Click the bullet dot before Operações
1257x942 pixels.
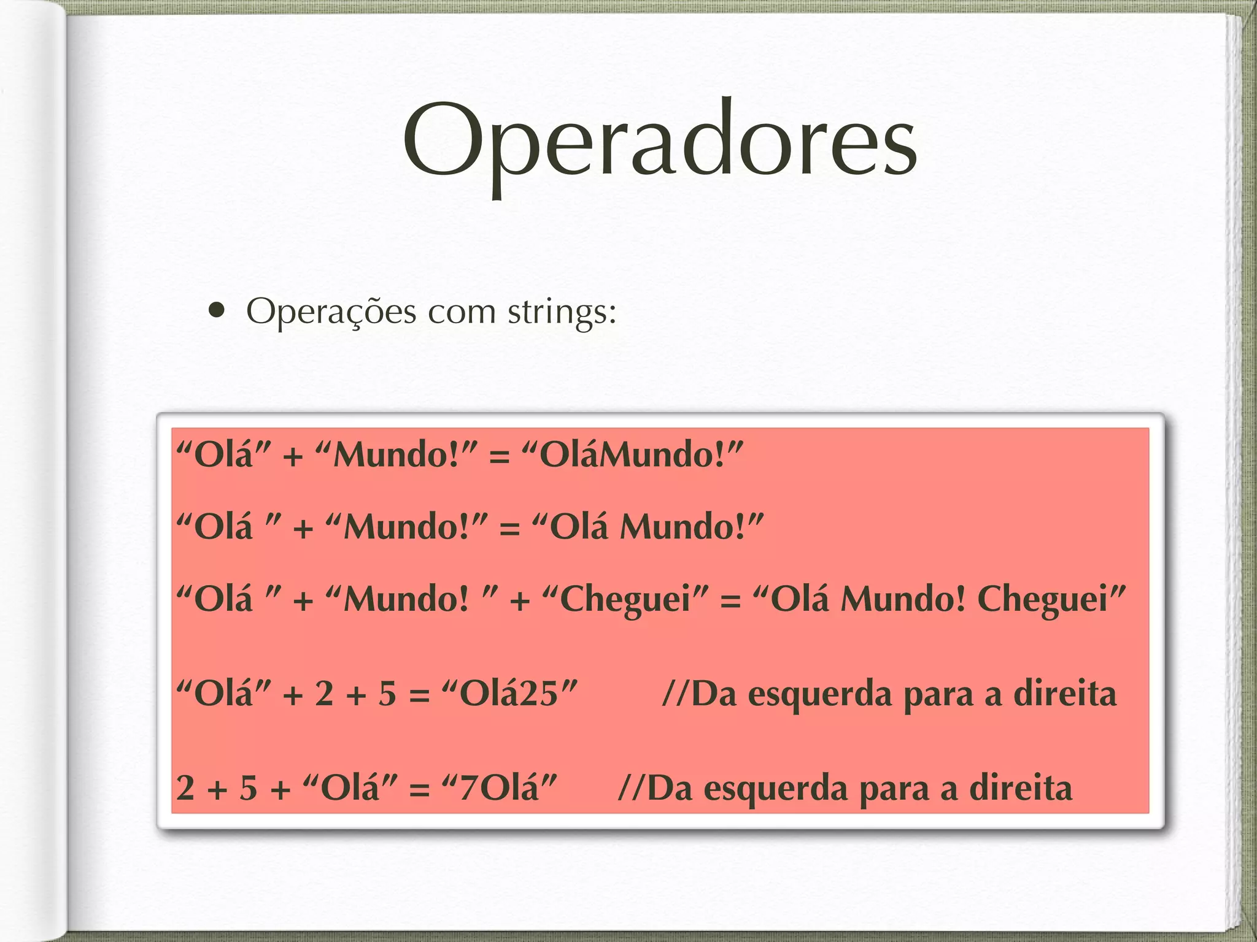click(216, 310)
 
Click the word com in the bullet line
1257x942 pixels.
click(462, 313)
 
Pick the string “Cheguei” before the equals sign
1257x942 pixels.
click(625, 599)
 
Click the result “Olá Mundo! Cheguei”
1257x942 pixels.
click(939, 599)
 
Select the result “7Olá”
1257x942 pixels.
click(499, 788)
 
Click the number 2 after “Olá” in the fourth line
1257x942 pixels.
click(324, 694)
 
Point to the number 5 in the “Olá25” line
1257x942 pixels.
click(387, 694)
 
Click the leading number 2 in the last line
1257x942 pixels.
click(185, 788)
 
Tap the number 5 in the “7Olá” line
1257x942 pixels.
click(248, 788)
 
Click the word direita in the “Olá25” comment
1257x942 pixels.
click(1064, 694)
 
